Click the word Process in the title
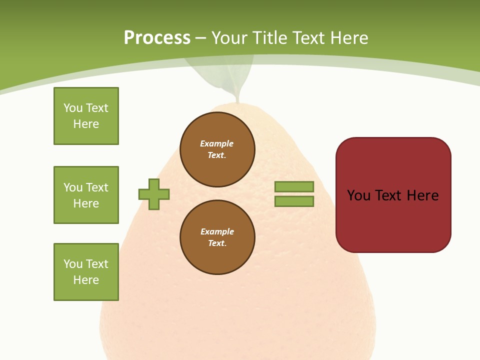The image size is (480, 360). coord(157,38)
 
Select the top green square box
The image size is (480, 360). coord(86,116)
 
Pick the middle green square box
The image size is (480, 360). coord(86,195)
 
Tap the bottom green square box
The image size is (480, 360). coord(86,272)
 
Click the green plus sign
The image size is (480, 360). coord(154,194)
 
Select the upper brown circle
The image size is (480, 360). coord(217,149)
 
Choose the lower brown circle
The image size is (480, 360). coord(217,237)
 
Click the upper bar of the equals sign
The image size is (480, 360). coord(294,186)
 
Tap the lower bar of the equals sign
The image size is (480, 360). coord(294,201)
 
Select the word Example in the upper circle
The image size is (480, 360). coord(216,143)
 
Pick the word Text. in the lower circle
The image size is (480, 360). coord(217,243)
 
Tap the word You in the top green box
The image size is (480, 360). coord(72,108)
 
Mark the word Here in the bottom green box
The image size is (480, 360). coord(86,280)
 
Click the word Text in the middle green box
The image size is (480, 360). coord(97,187)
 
